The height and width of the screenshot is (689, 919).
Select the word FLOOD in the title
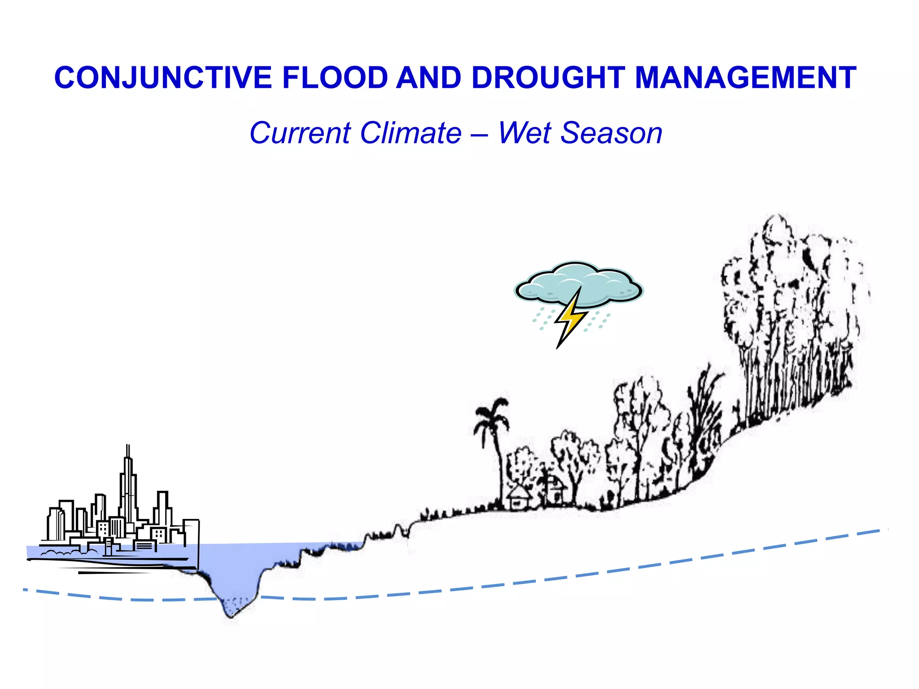point(335,78)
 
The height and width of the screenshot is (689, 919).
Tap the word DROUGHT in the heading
point(548,78)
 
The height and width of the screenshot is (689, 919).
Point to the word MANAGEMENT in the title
point(745,78)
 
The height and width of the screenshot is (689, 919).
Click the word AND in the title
point(429,78)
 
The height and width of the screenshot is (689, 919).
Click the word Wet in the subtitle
point(525,133)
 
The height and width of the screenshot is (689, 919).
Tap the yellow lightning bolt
point(570,318)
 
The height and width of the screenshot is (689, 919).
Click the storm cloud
point(579,283)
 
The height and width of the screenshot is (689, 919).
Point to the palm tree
point(494,444)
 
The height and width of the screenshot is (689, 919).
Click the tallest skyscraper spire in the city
point(128,467)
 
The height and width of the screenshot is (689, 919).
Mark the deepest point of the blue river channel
point(231,615)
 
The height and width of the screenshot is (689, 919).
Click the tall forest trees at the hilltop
point(790,314)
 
